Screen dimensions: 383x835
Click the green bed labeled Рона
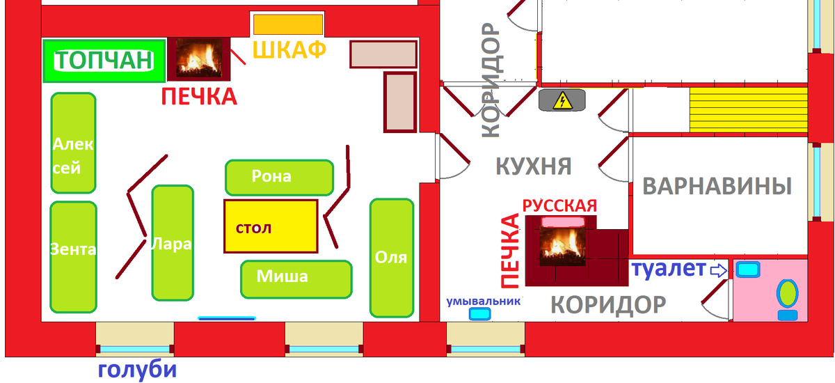tap(279, 178)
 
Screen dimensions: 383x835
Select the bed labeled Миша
tap(296, 279)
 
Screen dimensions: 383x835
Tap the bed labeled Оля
tap(391, 258)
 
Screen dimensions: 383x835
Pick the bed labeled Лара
tap(172, 243)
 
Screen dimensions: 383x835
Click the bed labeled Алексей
tap(73, 143)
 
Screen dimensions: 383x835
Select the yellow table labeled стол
tap(271, 226)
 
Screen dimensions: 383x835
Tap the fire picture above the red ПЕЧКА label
tap(199, 59)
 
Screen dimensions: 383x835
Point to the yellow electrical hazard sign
tap(562, 101)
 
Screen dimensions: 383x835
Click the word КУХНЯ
tap(533, 166)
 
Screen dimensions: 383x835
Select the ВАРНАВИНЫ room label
tap(717, 187)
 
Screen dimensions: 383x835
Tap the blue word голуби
tap(137, 369)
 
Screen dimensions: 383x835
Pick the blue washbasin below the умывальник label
tap(479, 315)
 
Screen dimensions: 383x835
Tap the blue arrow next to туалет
tap(717, 270)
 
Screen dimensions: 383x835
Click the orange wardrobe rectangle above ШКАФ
tap(288, 24)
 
